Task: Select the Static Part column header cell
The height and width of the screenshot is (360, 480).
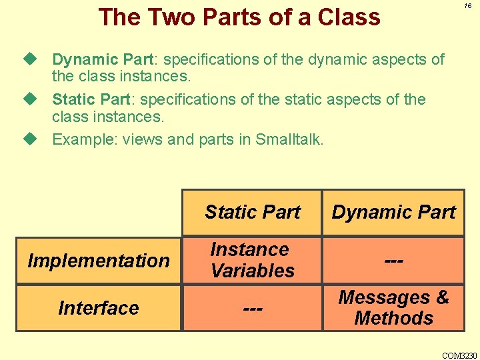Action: click(253, 213)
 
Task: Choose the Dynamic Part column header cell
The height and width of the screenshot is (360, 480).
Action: click(393, 213)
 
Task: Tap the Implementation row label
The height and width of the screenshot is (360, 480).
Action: click(99, 261)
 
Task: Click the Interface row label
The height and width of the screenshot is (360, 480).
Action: click(99, 308)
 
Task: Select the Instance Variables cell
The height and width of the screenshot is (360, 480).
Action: click(253, 260)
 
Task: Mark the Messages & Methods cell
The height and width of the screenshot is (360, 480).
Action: click(393, 307)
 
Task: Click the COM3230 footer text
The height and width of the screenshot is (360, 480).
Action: click(460, 355)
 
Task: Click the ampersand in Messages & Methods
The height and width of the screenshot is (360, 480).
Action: click(441, 297)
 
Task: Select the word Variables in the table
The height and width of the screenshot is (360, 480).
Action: click(253, 271)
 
